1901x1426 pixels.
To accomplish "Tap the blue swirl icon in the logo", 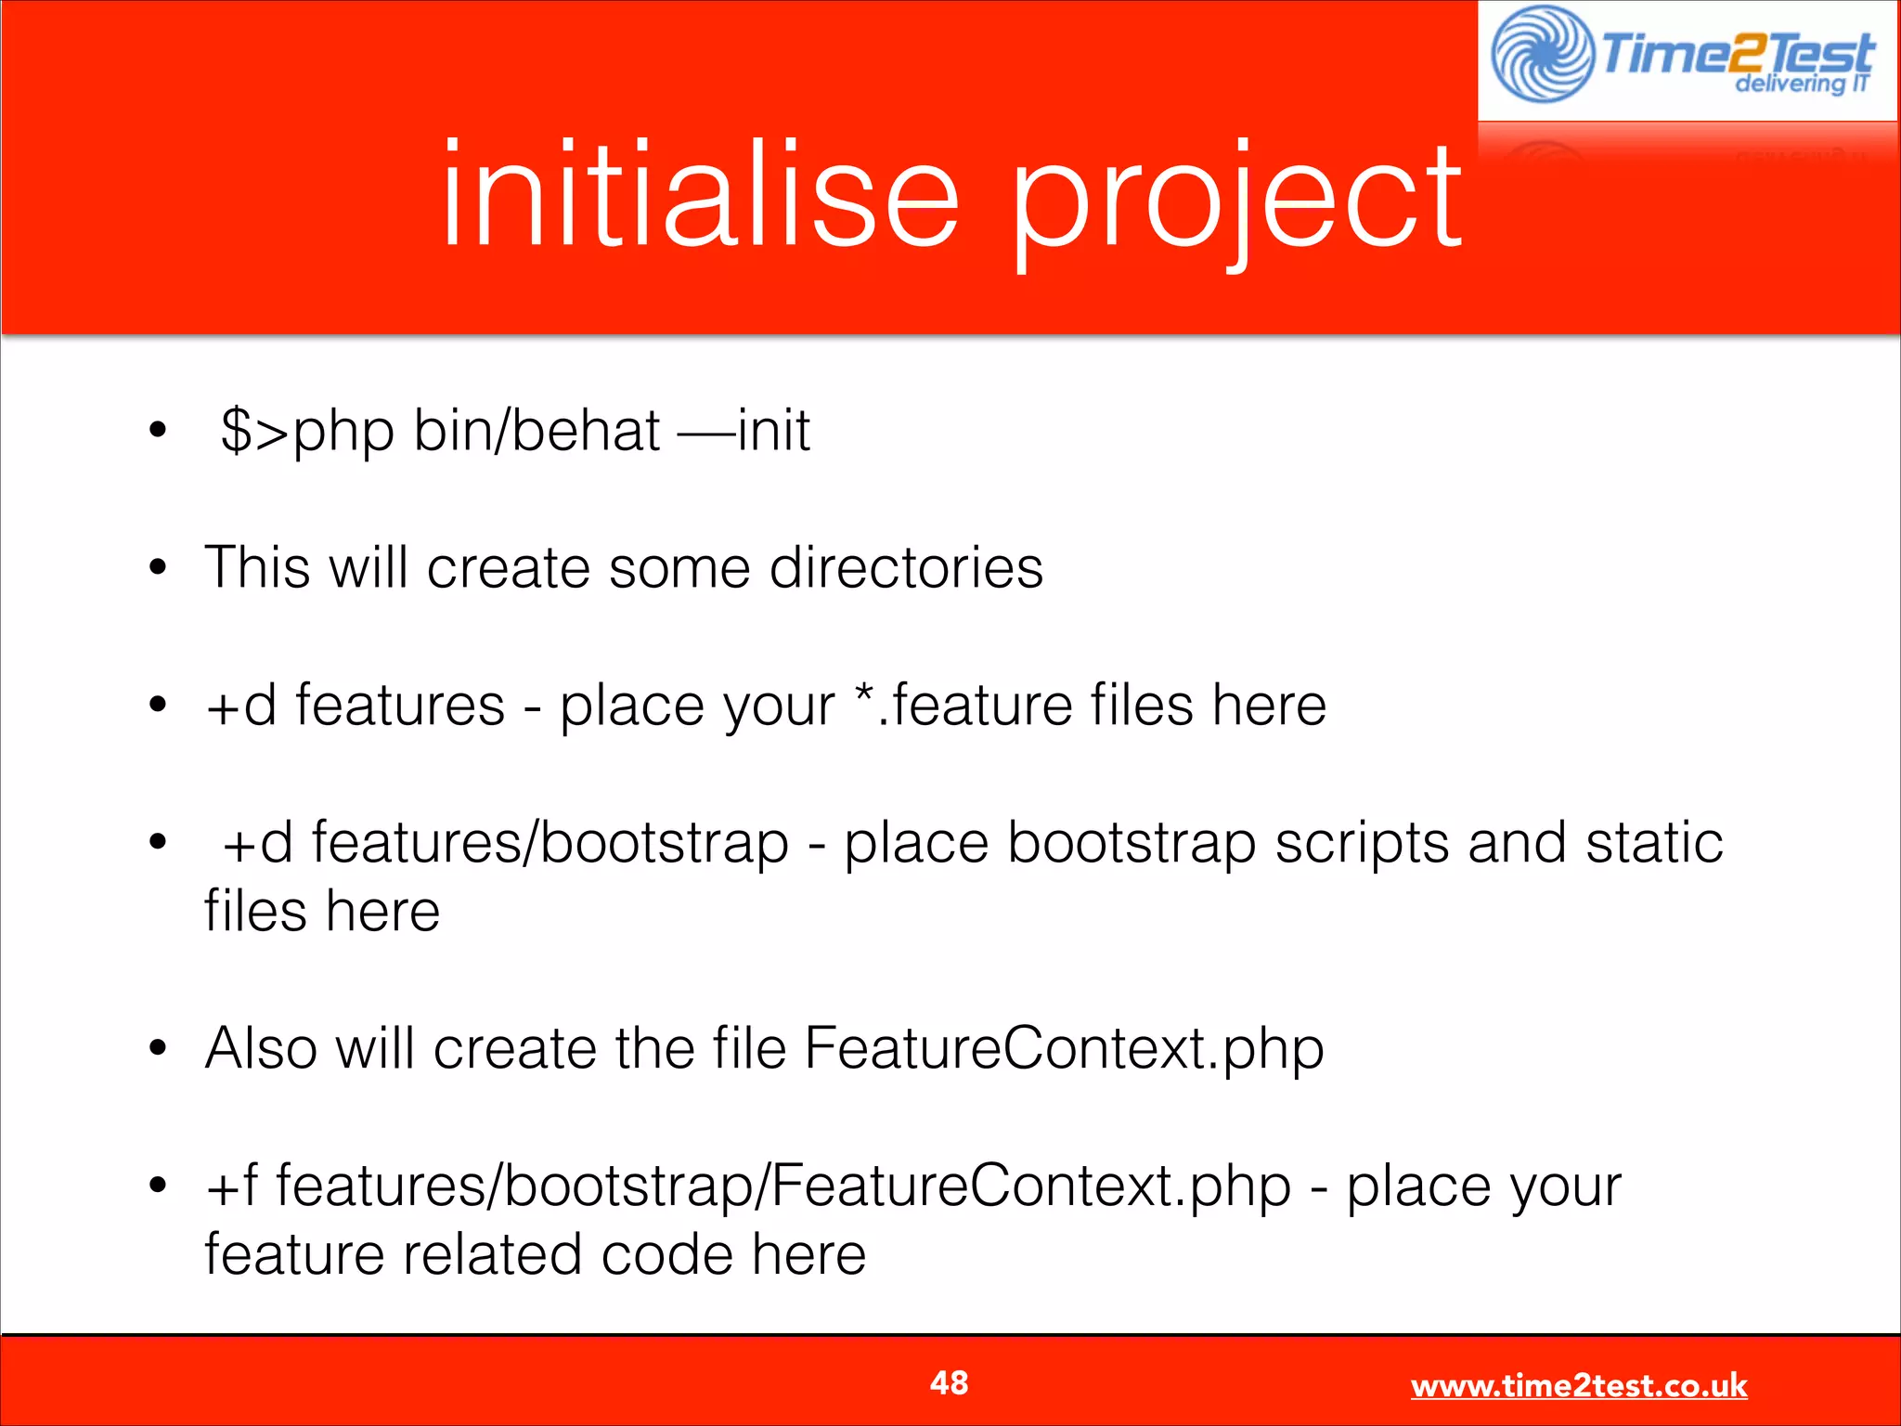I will pos(1542,54).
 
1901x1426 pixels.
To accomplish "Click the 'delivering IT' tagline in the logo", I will pos(1801,84).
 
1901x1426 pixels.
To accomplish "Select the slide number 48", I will pos(949,1382).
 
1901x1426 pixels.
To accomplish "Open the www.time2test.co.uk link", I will pos(1578,1385).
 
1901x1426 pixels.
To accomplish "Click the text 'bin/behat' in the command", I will pos(537,431).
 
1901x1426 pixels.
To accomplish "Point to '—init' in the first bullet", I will pos(744,431).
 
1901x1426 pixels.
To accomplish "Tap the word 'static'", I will pos(1654,843).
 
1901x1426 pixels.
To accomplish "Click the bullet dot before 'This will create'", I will pos(158,567).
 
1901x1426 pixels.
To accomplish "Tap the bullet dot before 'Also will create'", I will pos(158,1049).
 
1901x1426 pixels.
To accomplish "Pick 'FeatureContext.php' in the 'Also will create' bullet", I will pos(1063,1049).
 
